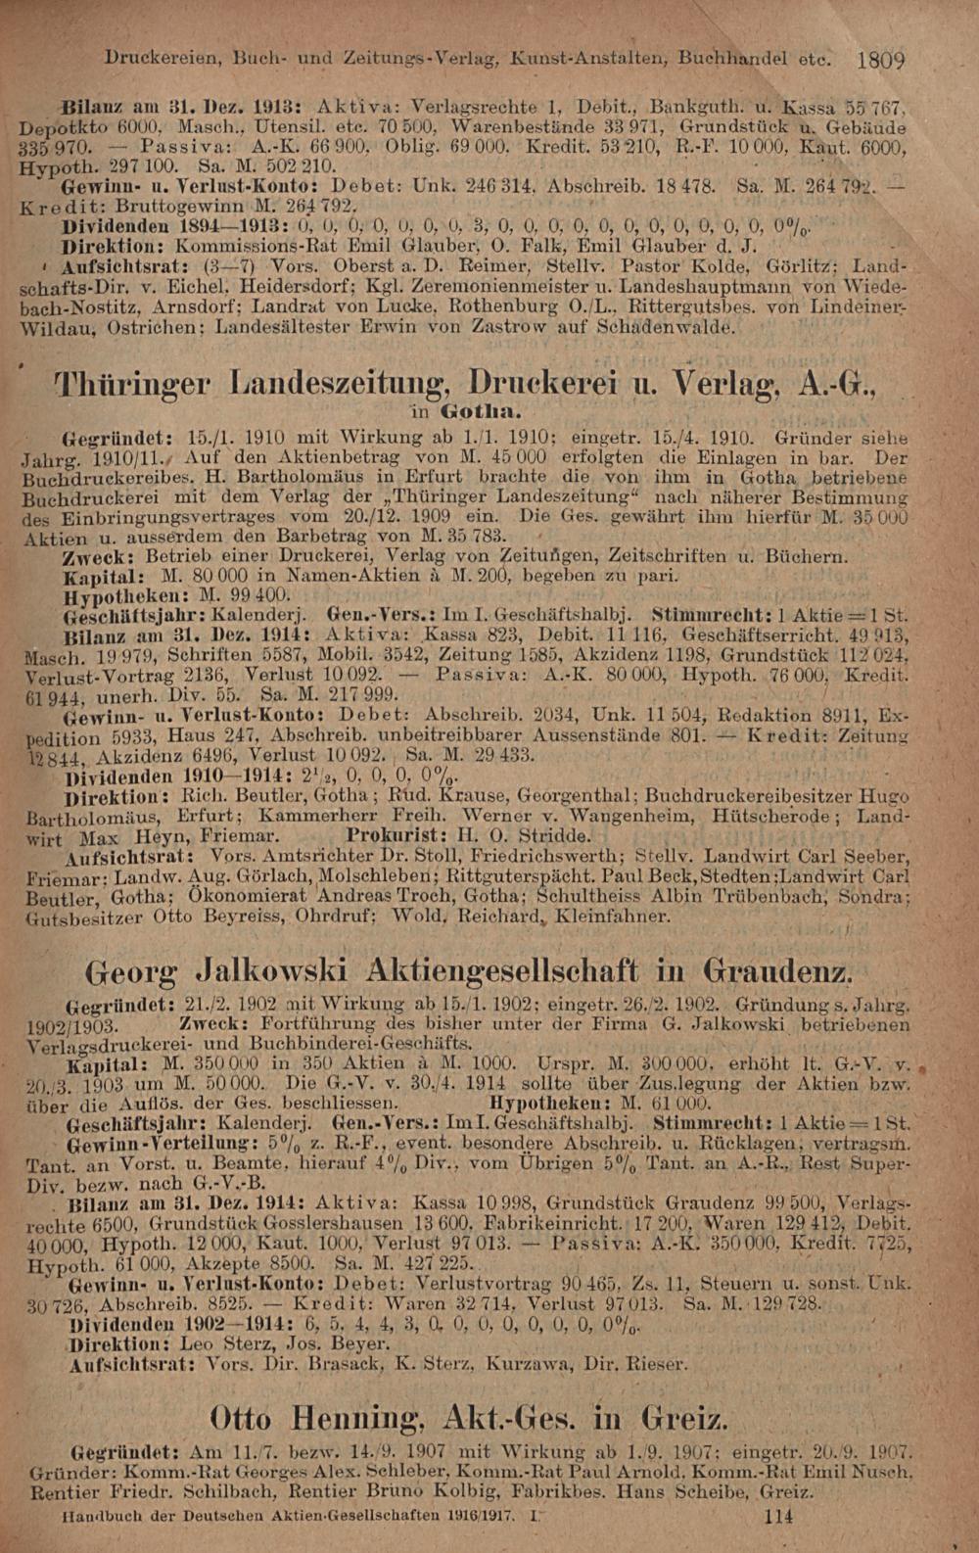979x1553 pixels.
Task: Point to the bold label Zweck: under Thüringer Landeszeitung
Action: (91, 557)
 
